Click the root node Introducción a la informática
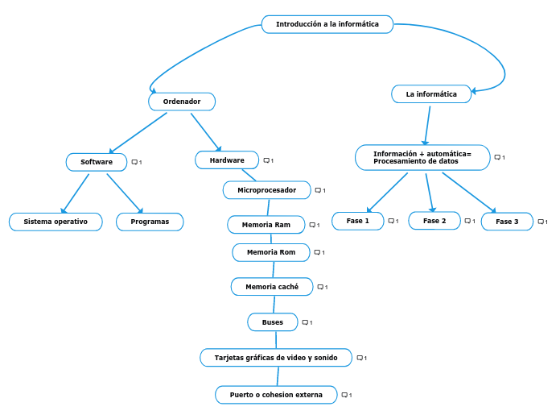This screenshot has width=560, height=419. [327, 24]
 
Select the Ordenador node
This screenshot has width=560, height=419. [182, 102]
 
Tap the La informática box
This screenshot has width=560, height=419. [431, 94]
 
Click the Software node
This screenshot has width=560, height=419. [97, 162]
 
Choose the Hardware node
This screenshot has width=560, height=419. [227, 160]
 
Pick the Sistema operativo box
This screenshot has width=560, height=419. [56, 222]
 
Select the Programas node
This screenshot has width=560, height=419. [150, 222]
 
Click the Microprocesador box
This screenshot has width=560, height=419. [266, 190]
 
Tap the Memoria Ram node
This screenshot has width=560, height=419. [266, 225]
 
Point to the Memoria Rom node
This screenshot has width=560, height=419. [270, 252]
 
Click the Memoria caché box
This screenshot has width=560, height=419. [272, 287]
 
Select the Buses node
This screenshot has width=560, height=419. [272, 322]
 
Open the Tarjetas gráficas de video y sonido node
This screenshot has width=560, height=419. [276, 358]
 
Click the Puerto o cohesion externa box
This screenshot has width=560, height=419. [276, 395]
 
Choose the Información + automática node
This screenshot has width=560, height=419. [422, 157]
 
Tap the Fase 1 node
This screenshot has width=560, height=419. [357, 221]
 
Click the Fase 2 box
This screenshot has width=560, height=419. [434, 221]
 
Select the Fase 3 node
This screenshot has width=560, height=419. [507, 222]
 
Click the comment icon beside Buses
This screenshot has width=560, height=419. [306, 322]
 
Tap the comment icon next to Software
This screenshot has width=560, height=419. [135, 162]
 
